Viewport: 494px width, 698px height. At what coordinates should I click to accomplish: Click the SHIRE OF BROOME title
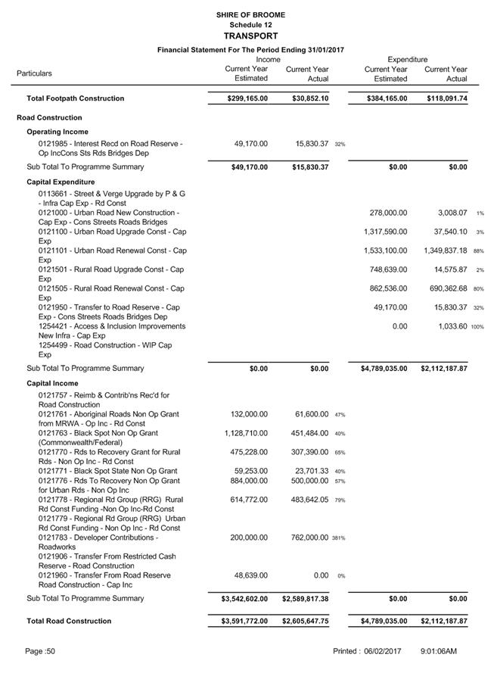(250, 14)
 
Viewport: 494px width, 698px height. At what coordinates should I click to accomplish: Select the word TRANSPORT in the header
(250, 36)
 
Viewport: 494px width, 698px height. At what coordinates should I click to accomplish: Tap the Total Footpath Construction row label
(76, 98)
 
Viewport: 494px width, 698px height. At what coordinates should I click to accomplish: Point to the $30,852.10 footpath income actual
(310, 98)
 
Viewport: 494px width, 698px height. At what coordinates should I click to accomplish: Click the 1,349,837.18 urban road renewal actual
(446, 251)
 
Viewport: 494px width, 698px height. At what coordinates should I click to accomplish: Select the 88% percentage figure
(479, 251)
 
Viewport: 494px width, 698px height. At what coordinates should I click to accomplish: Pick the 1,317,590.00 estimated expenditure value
(385, 232)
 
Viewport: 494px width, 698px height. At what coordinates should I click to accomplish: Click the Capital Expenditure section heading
(61, 182)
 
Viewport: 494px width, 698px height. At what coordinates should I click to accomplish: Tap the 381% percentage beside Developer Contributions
(337, 538)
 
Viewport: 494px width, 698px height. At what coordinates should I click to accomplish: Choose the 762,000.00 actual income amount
(306, 538)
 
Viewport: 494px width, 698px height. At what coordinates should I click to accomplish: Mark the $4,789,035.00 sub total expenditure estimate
(385, 369)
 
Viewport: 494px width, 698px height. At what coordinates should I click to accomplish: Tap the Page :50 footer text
(40, 651)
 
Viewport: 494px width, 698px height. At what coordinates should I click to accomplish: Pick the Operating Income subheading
(58, 132)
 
